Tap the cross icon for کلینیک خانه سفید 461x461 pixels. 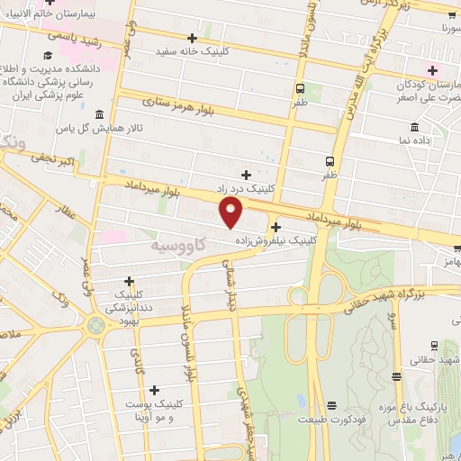point(192,37)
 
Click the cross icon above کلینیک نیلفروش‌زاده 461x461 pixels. point(276,227)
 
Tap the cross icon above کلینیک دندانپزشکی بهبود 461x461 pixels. point(130,281)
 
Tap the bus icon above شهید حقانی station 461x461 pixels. point(433,346)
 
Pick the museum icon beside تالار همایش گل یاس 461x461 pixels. point(98,116)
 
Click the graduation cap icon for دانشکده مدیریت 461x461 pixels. point(47,56)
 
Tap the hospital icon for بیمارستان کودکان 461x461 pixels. point(433,70)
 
